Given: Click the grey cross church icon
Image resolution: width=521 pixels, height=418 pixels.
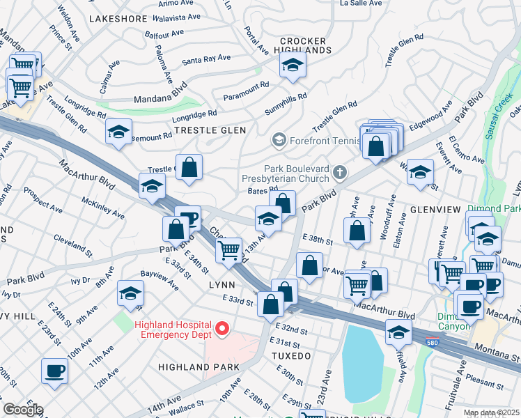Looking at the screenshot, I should click(339, 171).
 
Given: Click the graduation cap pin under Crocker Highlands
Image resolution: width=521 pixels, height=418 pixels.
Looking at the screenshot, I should click(293, 66).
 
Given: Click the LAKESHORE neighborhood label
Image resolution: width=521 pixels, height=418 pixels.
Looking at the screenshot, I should click(120, 17).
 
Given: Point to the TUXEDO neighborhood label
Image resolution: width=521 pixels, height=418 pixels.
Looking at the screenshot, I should click(290, 355).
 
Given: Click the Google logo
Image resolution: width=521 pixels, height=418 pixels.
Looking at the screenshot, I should click(23, 410).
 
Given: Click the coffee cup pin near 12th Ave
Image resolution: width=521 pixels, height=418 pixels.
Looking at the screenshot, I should click(54, 371).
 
